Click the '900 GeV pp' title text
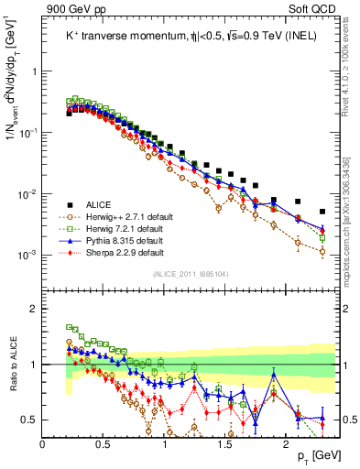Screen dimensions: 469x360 (69, 8)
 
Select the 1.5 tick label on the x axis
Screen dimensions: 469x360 (225, 443)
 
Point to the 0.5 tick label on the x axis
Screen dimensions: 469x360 (104, 443)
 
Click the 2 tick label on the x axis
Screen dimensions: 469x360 (286, 443)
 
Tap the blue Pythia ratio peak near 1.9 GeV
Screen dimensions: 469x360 (273, 373)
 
